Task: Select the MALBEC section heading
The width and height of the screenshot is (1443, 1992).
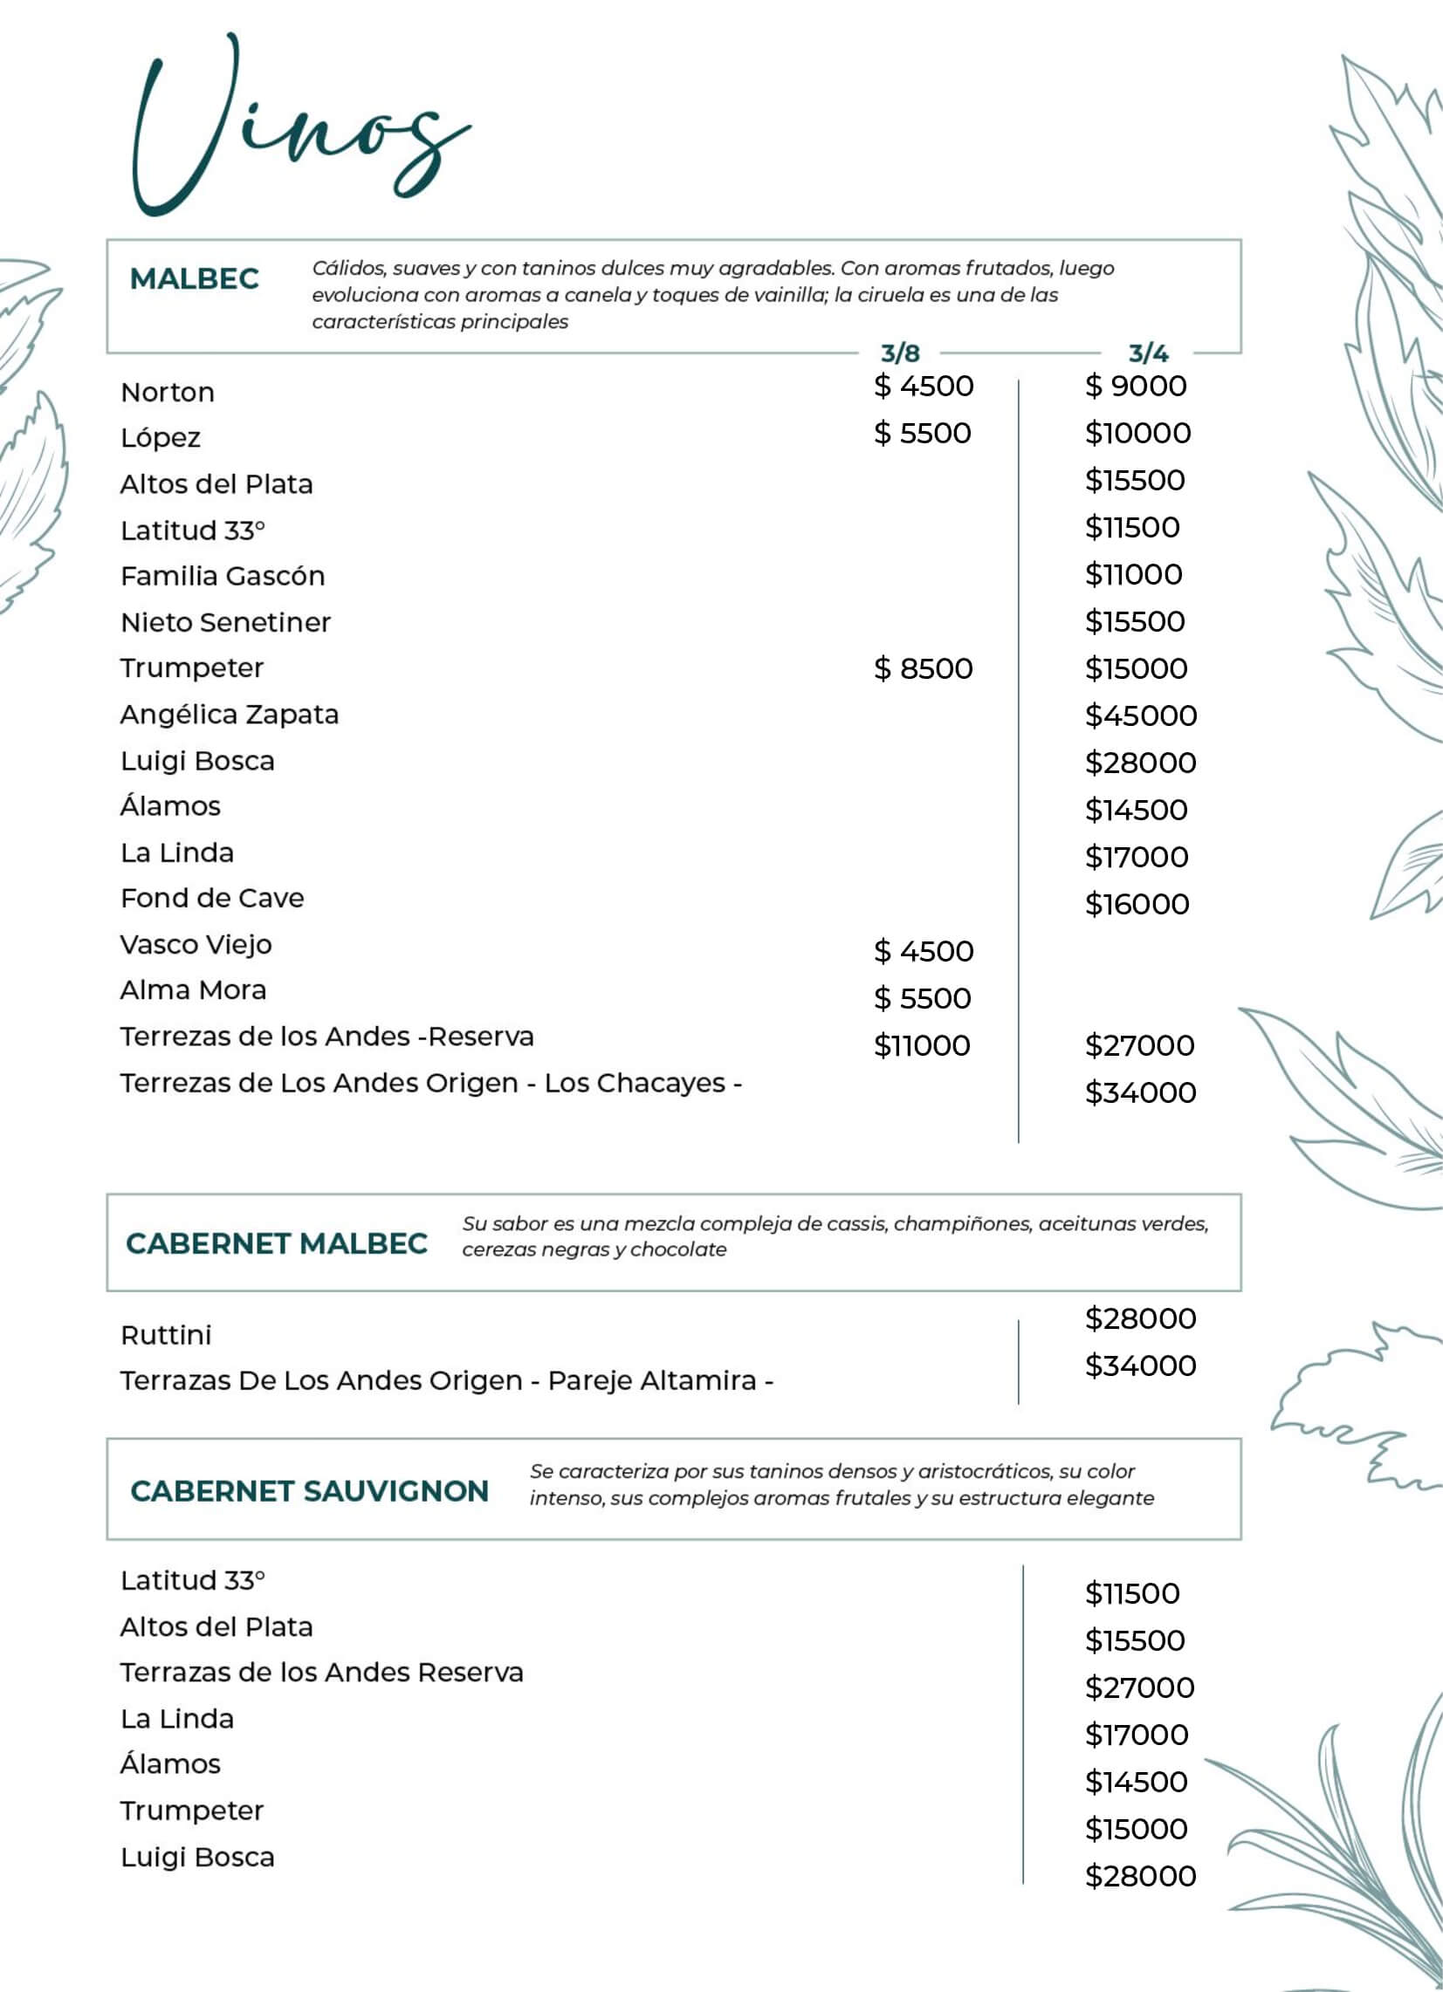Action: click(194, 279)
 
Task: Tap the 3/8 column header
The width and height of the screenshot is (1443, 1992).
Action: click(900, 354)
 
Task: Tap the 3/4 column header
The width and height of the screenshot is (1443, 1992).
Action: click(1149, 354)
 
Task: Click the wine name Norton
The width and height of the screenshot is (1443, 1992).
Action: click(167, 393)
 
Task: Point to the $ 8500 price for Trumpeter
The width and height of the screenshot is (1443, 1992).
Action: click(923, 668)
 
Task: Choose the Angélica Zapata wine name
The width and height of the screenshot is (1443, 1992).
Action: click(230, 715)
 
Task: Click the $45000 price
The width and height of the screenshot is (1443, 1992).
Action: click(1141, 715)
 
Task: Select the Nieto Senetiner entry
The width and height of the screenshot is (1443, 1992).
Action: click(226, 623)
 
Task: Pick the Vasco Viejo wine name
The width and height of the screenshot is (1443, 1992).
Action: click(196, 945)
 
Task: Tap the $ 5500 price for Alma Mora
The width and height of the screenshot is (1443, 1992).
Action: click(922, 999)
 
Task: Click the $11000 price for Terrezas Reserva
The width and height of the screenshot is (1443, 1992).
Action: click(922, 1046)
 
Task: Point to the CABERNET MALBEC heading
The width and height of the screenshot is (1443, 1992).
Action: click(277, 1243)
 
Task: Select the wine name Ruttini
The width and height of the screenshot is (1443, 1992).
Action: click(166, 1335)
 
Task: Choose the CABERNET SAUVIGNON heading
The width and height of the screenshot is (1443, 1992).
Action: click(309, 1491)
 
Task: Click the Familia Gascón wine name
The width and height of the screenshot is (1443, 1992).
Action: click(223, 576)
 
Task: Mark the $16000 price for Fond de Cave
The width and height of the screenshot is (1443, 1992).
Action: click(1137, 904)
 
